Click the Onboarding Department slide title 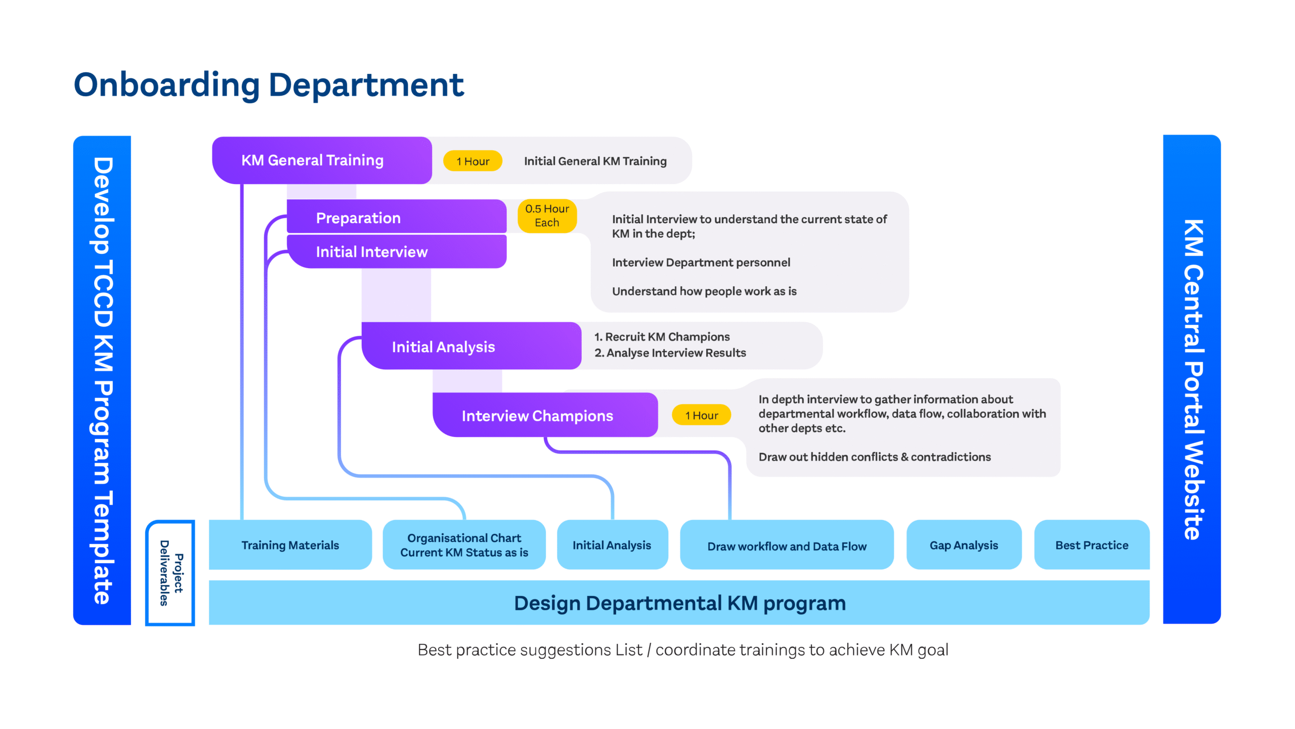point(269,84)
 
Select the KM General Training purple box point(322,160)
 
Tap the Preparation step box point(397,217)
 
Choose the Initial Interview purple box point(397,251)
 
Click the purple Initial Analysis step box point(471,346)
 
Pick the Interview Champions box point(545,415)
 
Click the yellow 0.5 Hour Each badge point(547,216)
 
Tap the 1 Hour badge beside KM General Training point(472,161)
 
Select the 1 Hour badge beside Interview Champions point(701,415)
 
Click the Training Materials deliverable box point(290,545)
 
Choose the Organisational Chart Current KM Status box point(464,545)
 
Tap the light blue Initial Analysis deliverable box point(612,545)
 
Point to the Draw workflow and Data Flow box point(787,545)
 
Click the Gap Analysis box point(964,545)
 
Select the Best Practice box point(1092,545)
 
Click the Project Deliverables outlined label point(170,573)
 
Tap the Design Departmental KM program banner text point(680,603)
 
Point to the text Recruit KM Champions point(667,337)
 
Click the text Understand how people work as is point(704,291)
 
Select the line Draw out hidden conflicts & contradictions point(875,457)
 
